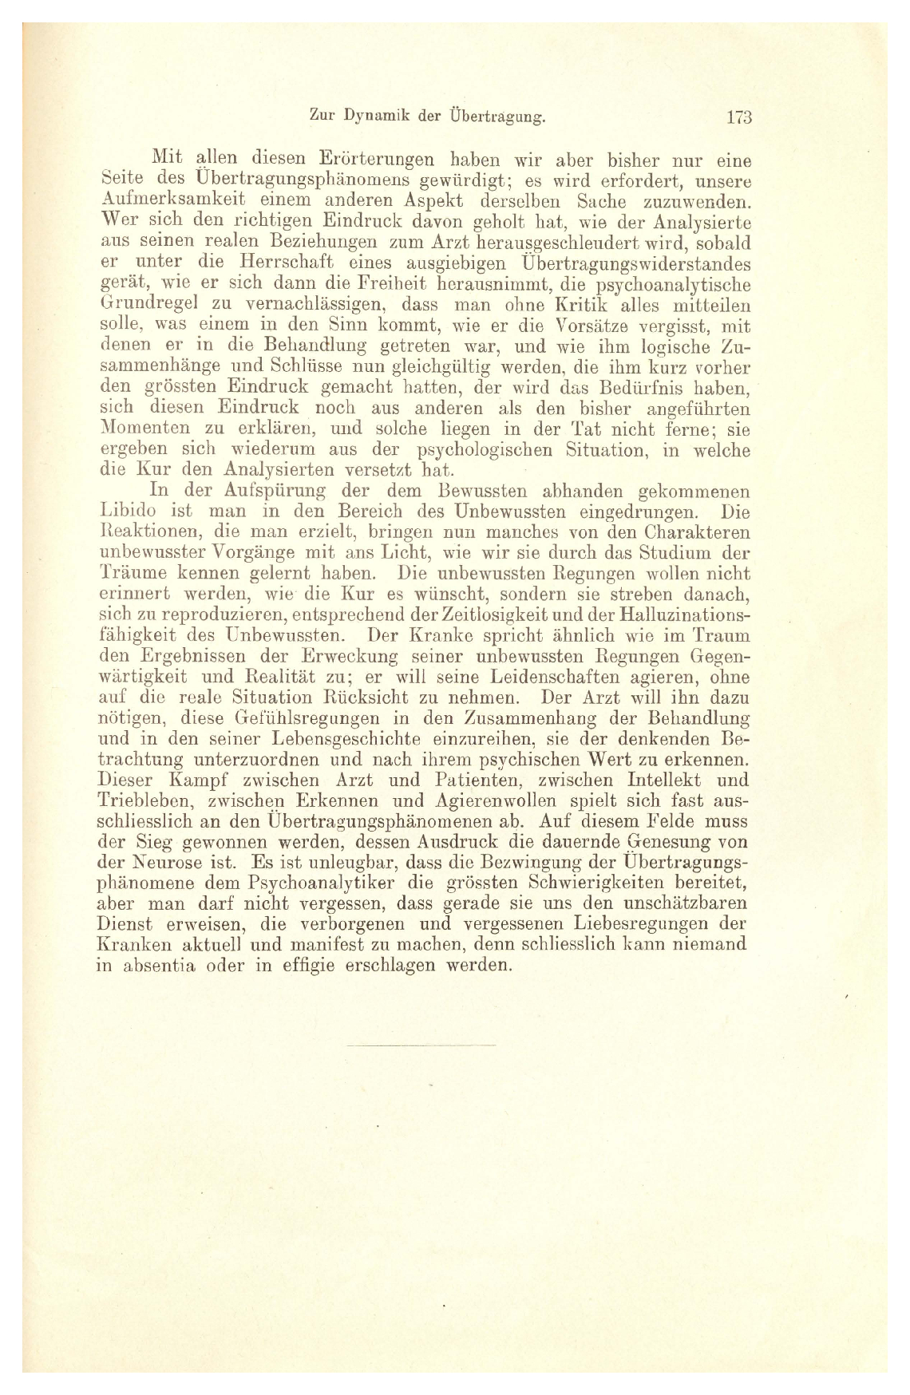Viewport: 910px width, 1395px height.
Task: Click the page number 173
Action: (x=739, y=117)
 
